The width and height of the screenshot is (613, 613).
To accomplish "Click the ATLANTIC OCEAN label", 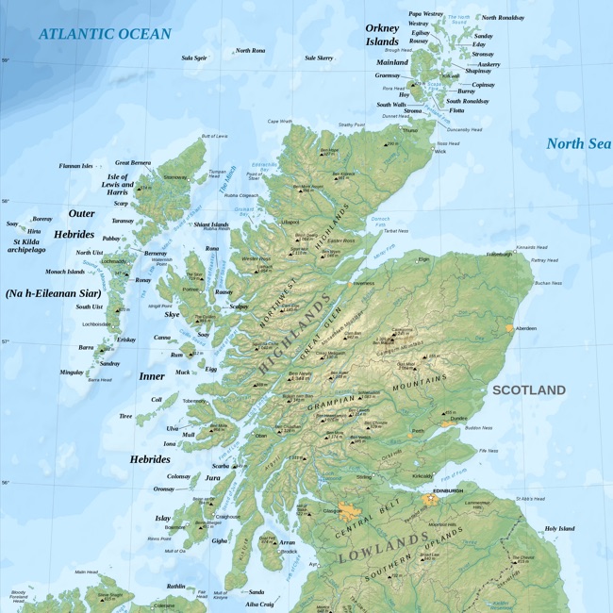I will coord(105,34).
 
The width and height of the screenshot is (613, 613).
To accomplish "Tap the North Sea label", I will coord(578,144).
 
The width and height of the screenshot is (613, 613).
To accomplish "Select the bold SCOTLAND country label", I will coord(529,389).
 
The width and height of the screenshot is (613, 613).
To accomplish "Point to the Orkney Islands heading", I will coord(382,35).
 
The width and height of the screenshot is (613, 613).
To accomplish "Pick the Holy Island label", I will coord(559,528).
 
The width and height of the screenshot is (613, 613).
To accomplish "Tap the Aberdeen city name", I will coord(525,328).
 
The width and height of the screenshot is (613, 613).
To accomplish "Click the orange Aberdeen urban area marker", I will coord(509,328).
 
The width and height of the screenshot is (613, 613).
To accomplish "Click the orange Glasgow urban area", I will coord(352,513).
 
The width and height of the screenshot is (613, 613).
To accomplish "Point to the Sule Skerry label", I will coord(319,58).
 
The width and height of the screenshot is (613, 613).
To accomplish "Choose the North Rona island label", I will coord(251,50).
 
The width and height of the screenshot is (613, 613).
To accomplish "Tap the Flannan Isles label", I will coord(75,166).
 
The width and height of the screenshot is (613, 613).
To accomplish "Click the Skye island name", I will coord(174,314).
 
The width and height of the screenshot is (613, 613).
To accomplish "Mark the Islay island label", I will coord(163,518).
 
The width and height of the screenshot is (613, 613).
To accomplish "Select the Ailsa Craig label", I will coord(259,604).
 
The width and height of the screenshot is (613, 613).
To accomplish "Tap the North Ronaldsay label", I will coord(503,18).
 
